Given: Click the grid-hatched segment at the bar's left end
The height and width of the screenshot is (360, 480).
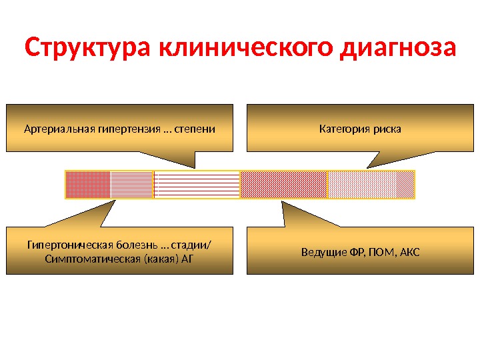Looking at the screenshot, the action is [87, 185].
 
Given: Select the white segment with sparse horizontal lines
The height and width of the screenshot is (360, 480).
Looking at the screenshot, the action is [197, 185].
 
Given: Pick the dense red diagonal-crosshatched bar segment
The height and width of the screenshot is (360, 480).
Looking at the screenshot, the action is [284, 185].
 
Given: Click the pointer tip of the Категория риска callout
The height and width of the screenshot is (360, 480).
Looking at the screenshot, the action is [366, 167].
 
